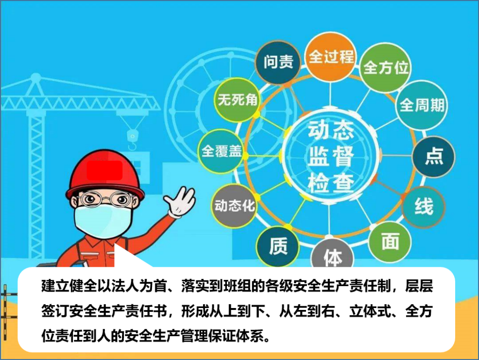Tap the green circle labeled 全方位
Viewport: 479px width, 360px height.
coord(385,68)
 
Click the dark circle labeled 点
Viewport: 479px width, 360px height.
coord(434,156)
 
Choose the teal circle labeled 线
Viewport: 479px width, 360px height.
coord(423,207)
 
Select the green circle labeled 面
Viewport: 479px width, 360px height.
coord(390,242)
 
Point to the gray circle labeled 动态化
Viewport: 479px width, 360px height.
coord(234,206)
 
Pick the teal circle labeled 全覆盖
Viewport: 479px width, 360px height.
coord(221,151)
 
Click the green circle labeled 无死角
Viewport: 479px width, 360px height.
coord(237,100)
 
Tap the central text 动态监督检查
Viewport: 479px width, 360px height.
coord(331,156)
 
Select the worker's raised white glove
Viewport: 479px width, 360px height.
coord(180,202)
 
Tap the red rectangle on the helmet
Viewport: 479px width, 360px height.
coord(104,170)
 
